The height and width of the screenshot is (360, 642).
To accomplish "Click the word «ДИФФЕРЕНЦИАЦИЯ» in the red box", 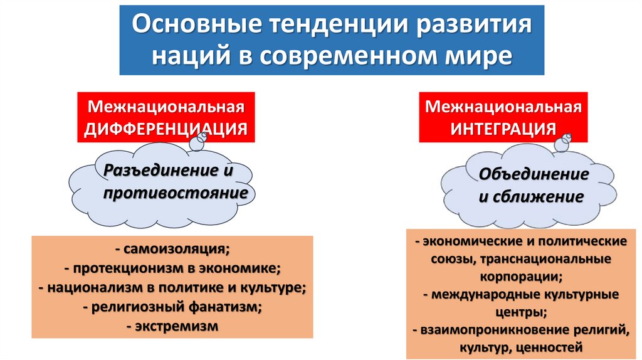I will click(x=166, y=129).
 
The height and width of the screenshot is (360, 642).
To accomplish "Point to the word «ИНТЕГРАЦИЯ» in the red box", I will click(x=503, y=129).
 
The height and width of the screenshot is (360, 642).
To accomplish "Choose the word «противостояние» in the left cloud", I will click(x=175, y=193).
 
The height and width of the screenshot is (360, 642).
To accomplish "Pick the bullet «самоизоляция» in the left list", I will click(x=176, y=249).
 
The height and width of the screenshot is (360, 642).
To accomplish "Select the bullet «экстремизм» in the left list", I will click(x=176, y=326).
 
